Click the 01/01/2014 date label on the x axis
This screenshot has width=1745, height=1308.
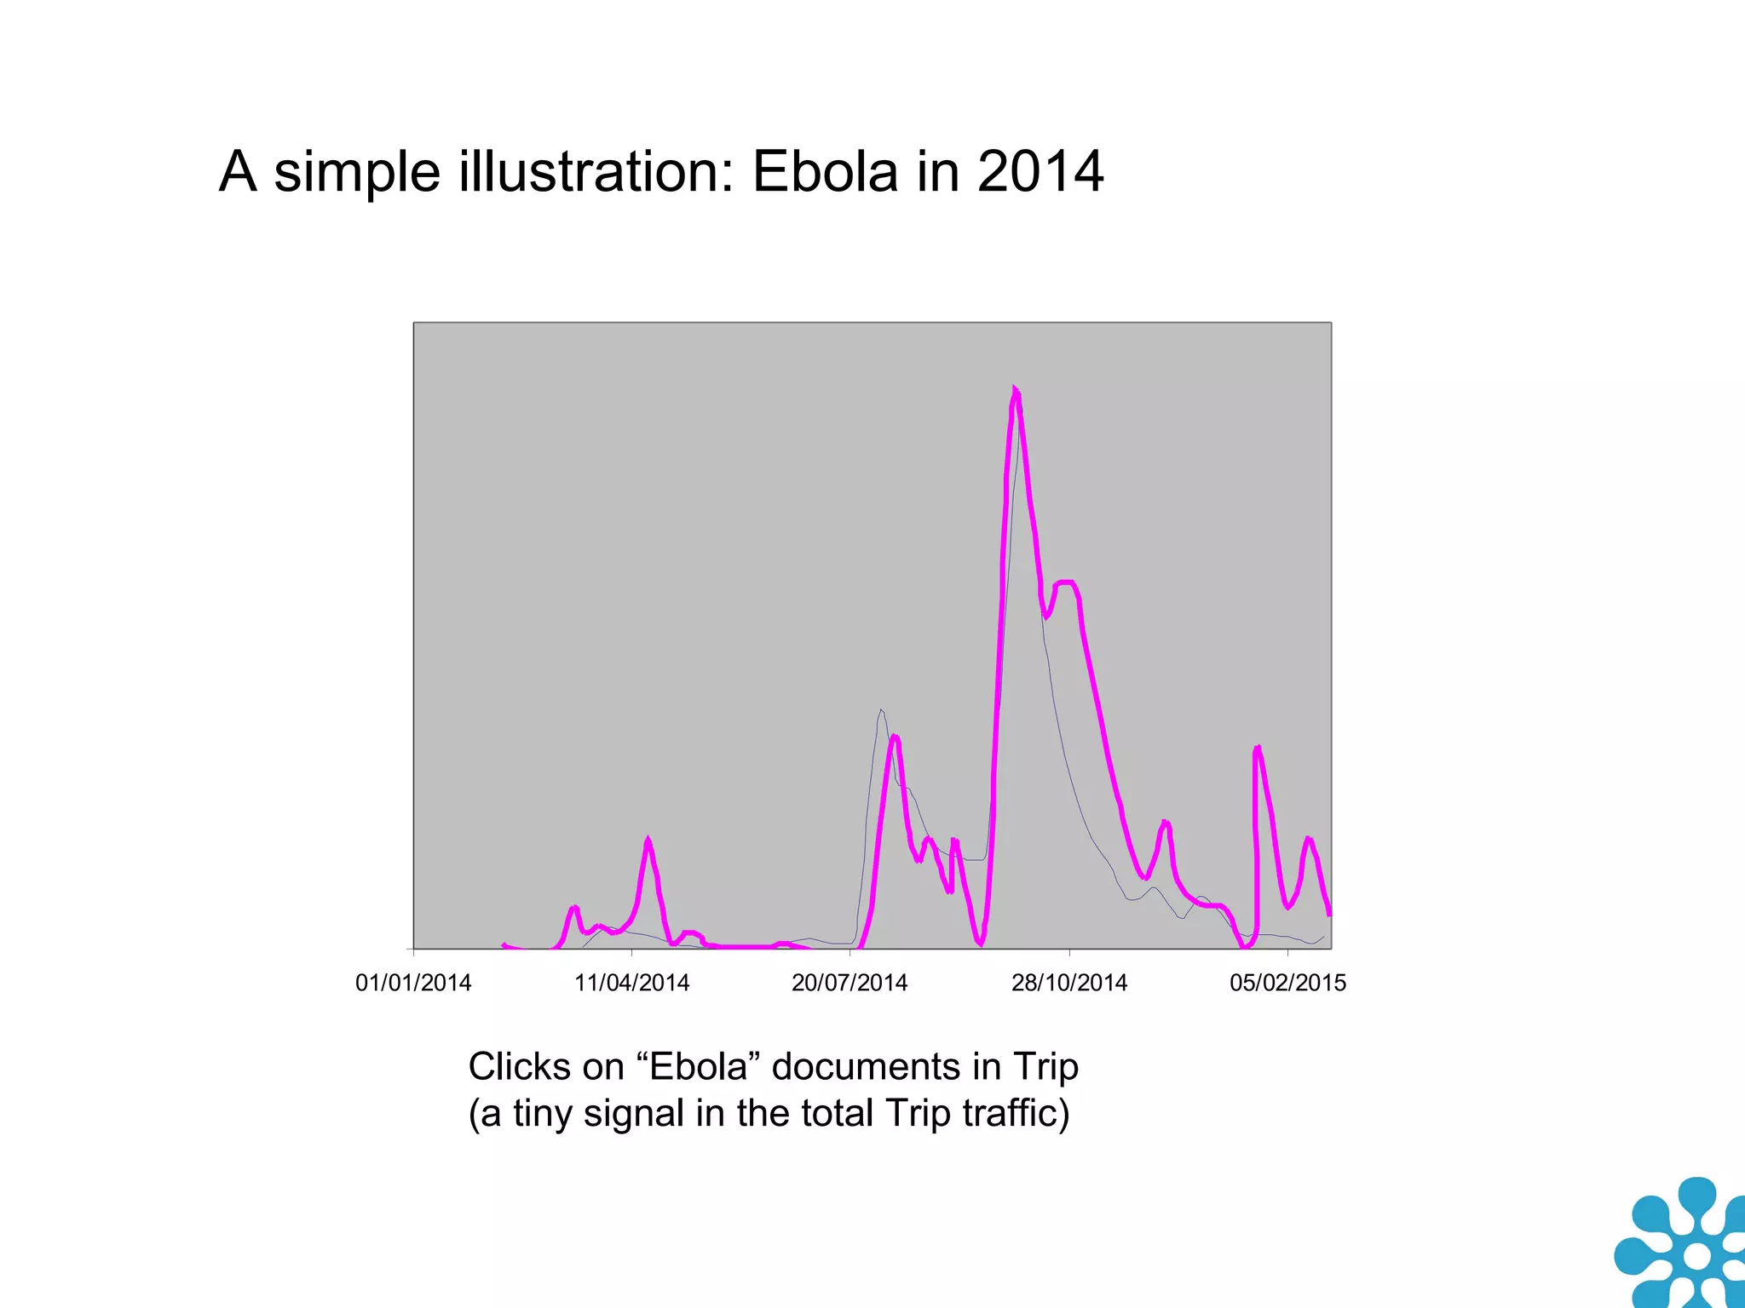[413, 983]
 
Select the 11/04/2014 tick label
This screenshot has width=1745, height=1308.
[631, 983]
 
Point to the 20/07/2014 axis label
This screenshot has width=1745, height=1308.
[849, 983]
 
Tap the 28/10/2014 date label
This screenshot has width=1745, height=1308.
[1068, 983]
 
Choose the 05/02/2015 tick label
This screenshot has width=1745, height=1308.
[1287, 983]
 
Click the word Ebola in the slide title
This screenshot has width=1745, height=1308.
[825, 172]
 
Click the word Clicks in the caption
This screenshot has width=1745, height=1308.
[519, 1066]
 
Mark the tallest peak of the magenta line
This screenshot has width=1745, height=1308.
[1015, 391]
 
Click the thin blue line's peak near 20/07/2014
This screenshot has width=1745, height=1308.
[881, 710]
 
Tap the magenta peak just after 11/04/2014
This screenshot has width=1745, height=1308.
[648, 840]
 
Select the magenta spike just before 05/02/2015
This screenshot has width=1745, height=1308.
[1258, 749]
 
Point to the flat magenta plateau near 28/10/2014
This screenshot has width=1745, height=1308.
[1065, 582]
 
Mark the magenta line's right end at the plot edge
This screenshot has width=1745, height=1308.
[1329, 915]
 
